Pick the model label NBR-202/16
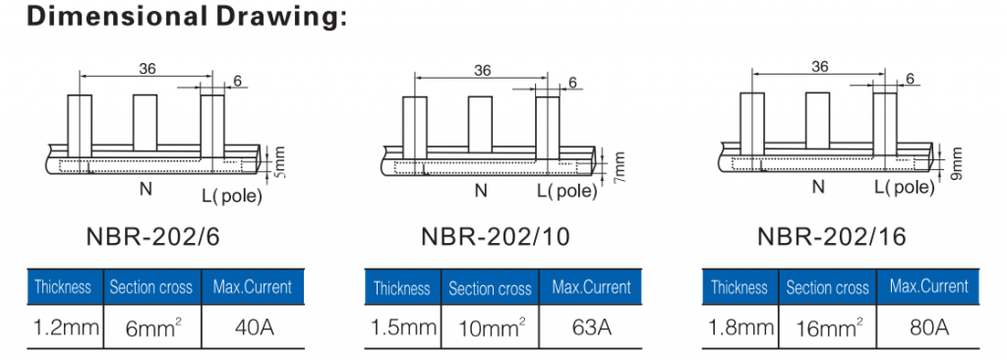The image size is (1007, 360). coord(832,237)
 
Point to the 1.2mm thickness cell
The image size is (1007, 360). coord(63,327)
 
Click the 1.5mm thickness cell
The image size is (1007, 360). coord(401,327)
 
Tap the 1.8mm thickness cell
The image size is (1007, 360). coord(739,327)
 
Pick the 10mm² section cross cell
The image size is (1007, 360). coord(489,327)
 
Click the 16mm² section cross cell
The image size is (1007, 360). coord(828,327)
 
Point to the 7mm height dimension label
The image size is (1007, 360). coord(619,165)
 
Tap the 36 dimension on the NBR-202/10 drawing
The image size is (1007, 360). coord(482,70)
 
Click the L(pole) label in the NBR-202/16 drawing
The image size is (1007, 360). coord(902,188)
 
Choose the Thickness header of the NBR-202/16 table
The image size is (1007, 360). coord(739,287)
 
